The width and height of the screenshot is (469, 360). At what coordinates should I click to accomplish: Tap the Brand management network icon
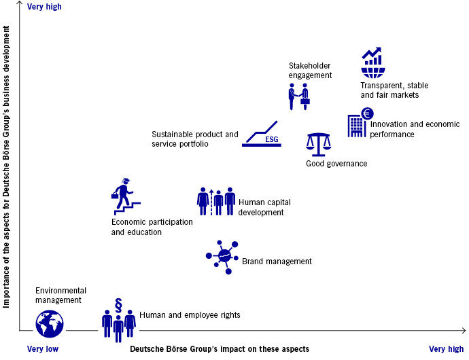tap(223, 256)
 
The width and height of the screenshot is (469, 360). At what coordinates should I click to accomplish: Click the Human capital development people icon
tap(216, 200)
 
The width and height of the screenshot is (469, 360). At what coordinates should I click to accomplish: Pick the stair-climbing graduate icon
tap(126, 195)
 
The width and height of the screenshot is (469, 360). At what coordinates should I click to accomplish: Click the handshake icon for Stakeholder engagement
tap(297, 96)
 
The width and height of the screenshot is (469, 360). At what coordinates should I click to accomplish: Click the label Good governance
tap(336, 164)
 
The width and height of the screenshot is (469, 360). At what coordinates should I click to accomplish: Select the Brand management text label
tap(277, 262)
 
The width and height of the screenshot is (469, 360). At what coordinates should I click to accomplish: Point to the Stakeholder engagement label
tap(310, 71)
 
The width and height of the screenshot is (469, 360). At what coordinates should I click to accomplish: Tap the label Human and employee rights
tap(190, 315)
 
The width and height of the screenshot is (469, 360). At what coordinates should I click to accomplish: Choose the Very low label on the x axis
tap(43, 349)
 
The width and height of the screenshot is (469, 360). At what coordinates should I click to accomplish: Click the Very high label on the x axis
tap(446, 349)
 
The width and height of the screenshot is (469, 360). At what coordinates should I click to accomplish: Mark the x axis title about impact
tap(219, 349)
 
